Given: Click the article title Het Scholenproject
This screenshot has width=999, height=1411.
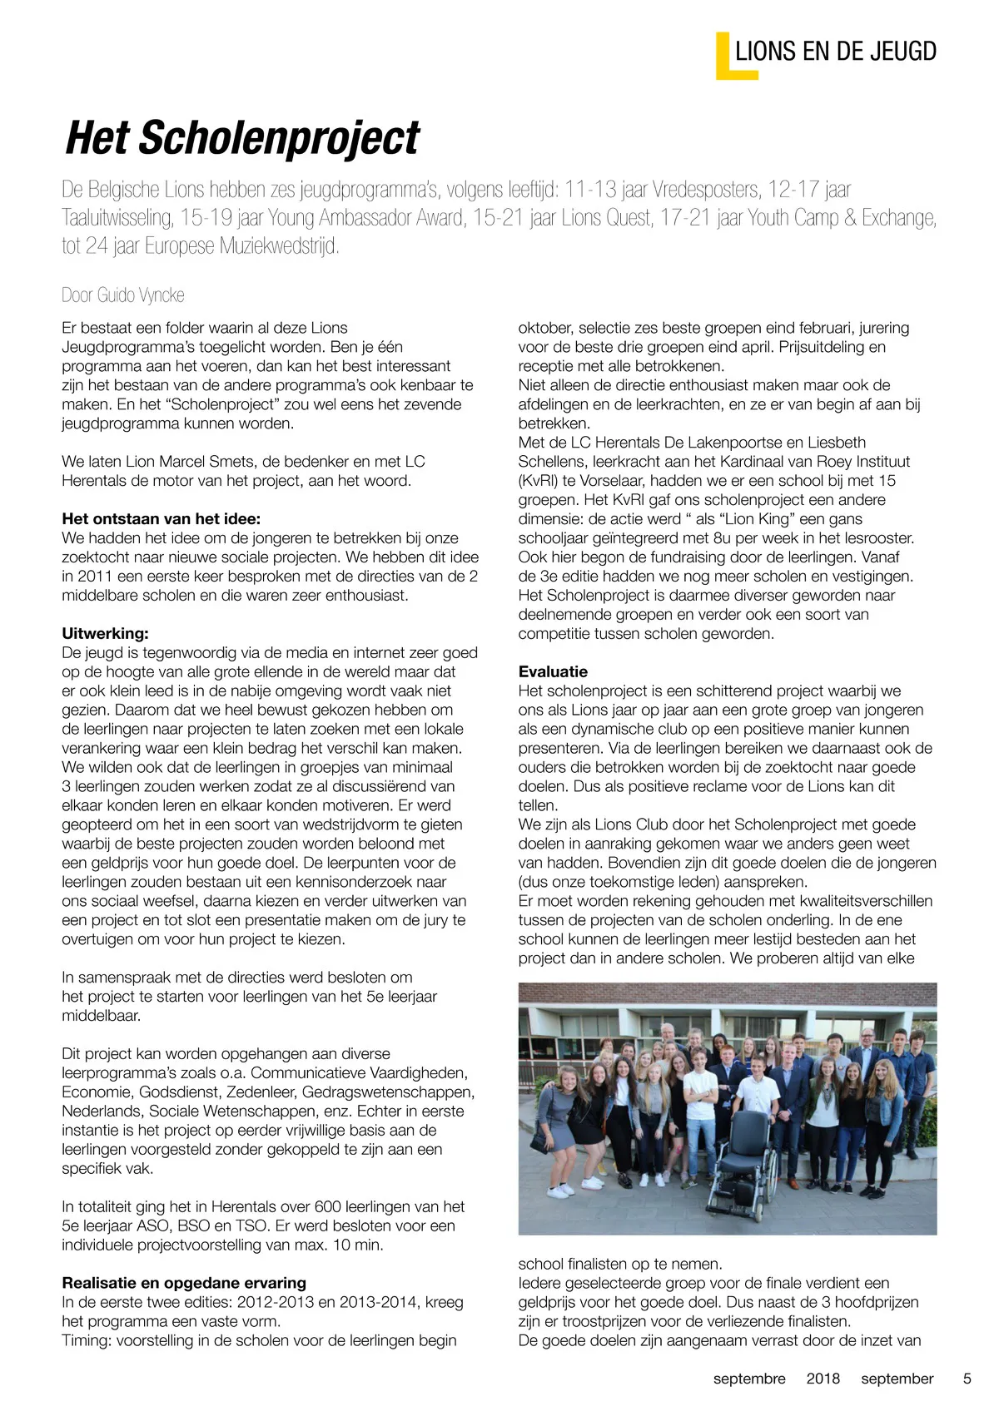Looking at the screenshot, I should click(x=242, y=138).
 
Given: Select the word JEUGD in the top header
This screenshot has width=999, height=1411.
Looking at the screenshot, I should click(x=902, y=52).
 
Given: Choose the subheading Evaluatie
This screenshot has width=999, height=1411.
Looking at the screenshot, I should click(x=553, y=671).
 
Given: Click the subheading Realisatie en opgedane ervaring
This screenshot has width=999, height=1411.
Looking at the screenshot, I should click(x=184, y=1283).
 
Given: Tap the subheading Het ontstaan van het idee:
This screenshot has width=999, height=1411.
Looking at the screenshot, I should click(x=161, y=518).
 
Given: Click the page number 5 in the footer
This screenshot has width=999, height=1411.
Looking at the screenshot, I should click(x=967, y=1379).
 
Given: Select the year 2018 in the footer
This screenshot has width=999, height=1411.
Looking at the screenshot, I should click(x=823, y=1379).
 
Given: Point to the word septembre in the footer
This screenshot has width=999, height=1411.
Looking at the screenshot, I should click(x=749, y=1379).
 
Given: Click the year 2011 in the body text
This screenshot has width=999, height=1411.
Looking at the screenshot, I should click(x=96, y=576).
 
